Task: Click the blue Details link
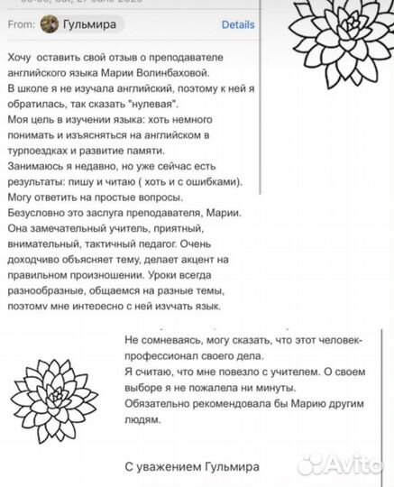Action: pos(238,24)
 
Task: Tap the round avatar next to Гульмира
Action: pos(50,24)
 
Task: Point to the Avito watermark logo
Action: pos(343,464)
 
